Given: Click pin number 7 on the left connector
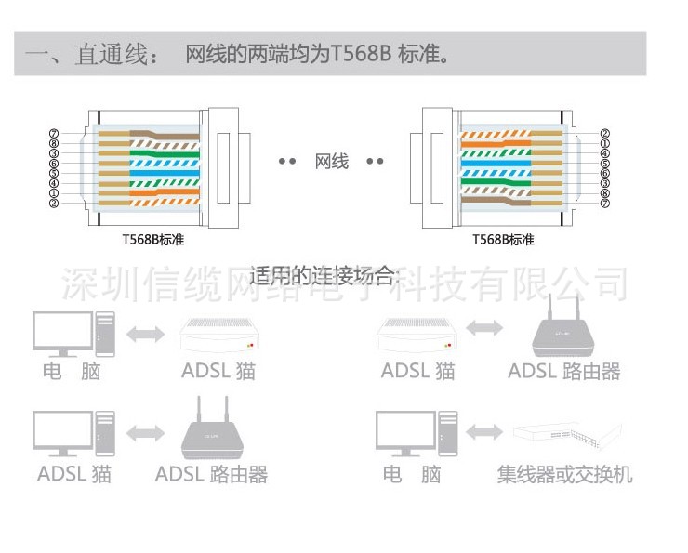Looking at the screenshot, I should [54, 133].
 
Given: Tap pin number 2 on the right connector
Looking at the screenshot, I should [604, 133].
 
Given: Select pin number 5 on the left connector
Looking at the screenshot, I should [54, 173].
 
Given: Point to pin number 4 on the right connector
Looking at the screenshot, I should [604, 153].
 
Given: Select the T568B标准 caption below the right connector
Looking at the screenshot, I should [503, 239].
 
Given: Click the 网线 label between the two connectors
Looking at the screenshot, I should [332, 161].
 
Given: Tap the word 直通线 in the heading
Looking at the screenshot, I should [112, 55].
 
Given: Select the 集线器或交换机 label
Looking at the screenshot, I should [564, 475].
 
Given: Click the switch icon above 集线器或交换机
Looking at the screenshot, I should [565, 434].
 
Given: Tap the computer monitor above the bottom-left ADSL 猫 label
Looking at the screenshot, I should [61, 430].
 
